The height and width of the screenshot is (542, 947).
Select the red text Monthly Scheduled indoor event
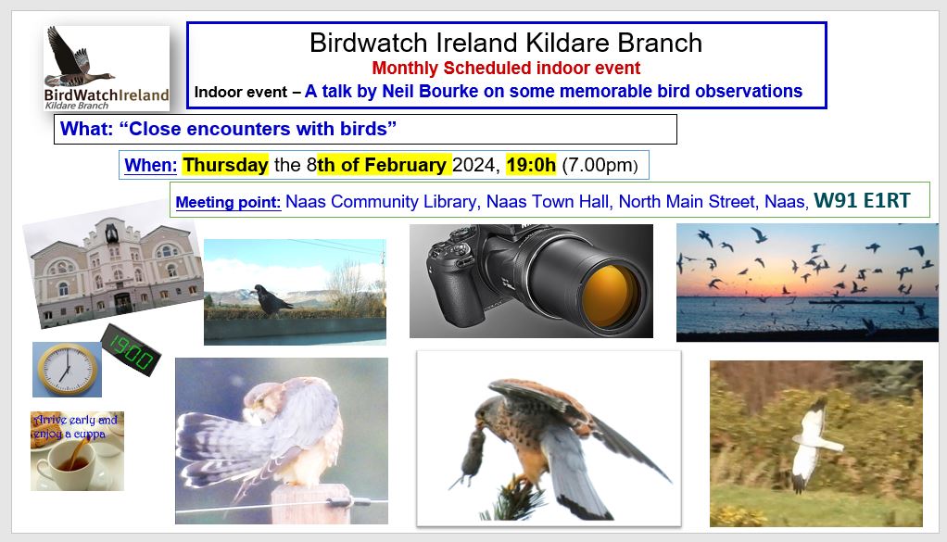point(506,69)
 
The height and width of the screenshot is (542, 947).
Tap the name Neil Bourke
point(425,91)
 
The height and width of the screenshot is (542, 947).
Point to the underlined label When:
point(150,165)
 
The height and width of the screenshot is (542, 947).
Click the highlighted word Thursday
point(225,165)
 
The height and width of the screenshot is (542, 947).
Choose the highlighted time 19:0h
point(531,165)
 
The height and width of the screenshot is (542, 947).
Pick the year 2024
point(474,165)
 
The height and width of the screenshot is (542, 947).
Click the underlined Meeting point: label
point(228,202)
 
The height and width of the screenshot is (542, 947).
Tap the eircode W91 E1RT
point(862,200)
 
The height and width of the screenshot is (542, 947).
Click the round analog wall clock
point(67,370)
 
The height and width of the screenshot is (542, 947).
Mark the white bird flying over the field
point(813,443)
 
